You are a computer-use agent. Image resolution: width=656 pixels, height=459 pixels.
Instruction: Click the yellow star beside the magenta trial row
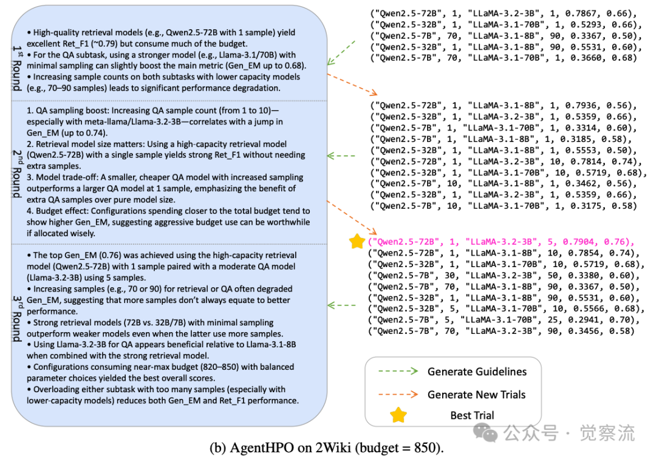point(358,242)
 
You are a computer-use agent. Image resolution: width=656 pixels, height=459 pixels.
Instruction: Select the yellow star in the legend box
point(398,415)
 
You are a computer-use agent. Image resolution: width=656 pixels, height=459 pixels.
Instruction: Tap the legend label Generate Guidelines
point(477,372)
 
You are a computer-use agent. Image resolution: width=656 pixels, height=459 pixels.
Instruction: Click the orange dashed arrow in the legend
point(397,394)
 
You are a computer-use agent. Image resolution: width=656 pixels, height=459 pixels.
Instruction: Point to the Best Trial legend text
point(472,416)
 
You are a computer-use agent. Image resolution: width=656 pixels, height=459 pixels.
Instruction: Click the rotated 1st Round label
point(18,67)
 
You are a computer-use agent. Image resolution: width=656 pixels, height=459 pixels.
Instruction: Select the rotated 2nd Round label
point(18,172)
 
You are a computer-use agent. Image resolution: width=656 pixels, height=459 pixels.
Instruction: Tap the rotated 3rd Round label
point(18,318)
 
